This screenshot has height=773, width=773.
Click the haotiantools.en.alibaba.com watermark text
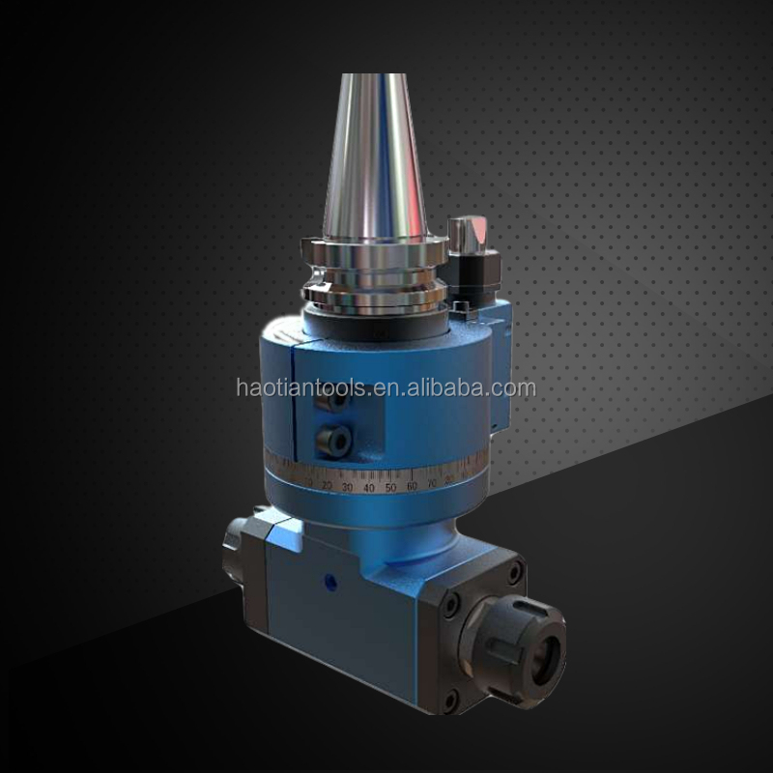(386, 388)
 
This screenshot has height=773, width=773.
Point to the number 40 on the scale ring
(368, 488)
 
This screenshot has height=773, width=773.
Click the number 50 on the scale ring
(390, 487)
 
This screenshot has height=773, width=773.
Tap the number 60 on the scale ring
(412, 485)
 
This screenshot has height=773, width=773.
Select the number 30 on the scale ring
(347, 487)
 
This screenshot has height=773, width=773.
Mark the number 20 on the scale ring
(327, 484)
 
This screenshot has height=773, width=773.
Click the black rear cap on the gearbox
(240, 552)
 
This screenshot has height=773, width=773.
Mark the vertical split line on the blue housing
(294, 406)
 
